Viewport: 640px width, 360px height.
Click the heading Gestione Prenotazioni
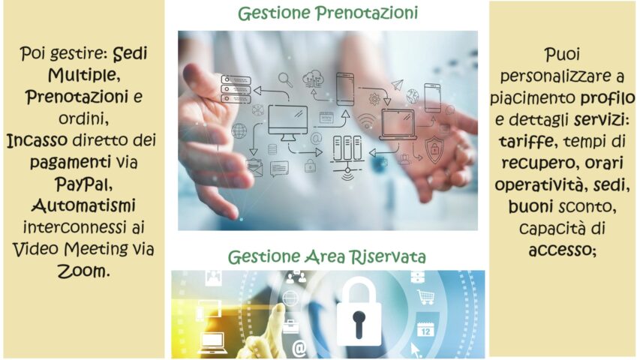click(328, 13)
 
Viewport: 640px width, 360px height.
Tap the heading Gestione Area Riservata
click(326, 256)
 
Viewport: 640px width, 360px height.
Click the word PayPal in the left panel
click(84, 184)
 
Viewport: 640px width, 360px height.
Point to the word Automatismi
click(83, 205)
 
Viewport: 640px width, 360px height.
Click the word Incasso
click(38, 140)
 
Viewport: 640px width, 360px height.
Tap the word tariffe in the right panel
click(526, 141)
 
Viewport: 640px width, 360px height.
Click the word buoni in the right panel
click(530, 206)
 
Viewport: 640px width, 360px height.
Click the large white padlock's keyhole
click(359, 324)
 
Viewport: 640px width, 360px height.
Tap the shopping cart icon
click(425, 296)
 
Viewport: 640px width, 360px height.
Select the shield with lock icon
click(434, 149)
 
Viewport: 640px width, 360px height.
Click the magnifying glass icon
click(285, 79)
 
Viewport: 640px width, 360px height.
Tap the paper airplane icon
click(397, 85)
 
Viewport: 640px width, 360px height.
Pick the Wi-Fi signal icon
click(367, 121)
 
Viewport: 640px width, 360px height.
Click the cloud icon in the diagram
click(313, 78)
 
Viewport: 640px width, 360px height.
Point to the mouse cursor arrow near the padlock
click(416, 349)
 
